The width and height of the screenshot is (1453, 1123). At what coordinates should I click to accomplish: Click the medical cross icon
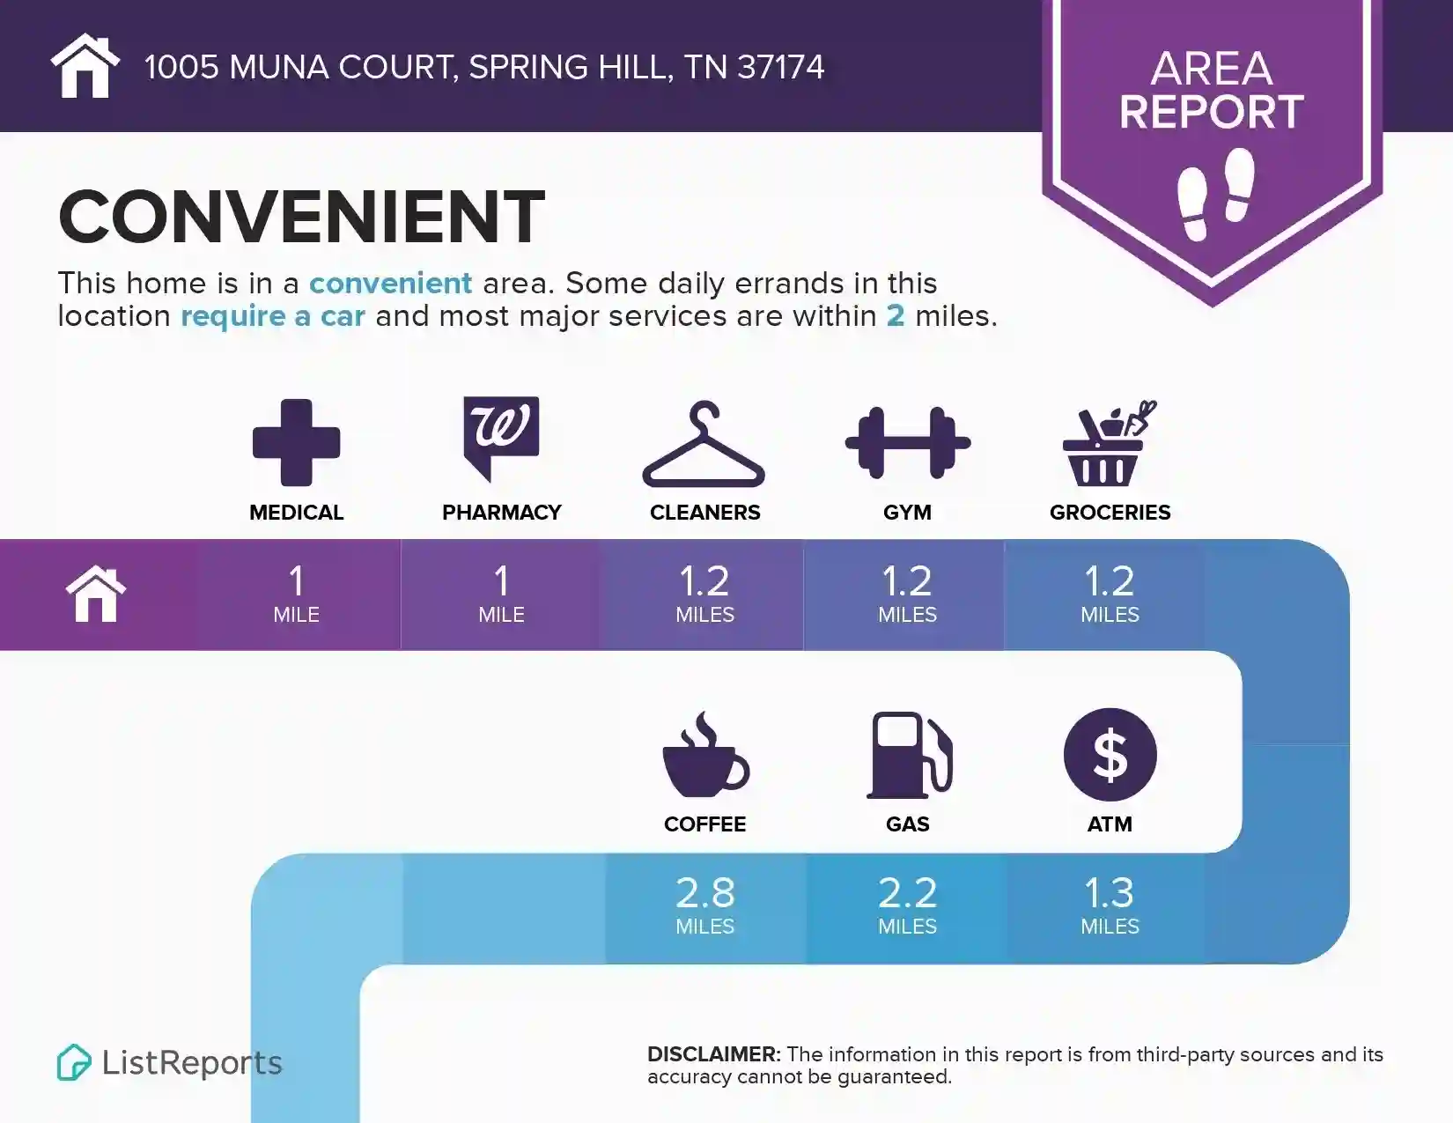coord(296,442)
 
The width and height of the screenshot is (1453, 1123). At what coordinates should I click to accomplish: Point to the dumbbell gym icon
coord(907,442)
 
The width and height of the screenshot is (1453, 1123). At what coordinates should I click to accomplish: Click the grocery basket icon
coord(1110,443)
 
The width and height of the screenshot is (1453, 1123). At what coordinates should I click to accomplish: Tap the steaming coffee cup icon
coord(706,754)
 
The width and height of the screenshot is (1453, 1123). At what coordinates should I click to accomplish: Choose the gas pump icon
coord(910,755)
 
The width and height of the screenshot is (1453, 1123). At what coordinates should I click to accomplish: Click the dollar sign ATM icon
coord(1110,755)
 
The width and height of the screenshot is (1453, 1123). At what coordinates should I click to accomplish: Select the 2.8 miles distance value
coord(704,905)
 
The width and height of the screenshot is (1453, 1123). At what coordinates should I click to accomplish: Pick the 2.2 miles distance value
coord(907,905)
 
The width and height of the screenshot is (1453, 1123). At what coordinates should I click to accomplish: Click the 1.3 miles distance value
coord(1110,905)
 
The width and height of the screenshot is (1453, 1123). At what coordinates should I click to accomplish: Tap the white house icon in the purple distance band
coord(96,594)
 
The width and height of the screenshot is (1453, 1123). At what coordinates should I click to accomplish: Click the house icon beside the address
coord(85,65)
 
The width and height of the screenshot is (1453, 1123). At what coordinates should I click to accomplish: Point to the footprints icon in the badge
coord(1215,194)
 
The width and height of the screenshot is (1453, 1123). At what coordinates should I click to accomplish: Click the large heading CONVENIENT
coord(301,216)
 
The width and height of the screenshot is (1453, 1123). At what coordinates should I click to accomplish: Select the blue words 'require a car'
coord(273,315)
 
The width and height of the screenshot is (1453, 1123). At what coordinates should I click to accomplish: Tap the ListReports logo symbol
coord(74,1062)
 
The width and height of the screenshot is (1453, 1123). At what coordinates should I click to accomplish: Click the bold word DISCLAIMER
coord(713,1055)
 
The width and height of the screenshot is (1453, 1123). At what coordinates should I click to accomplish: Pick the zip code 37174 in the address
coord(780,67)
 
